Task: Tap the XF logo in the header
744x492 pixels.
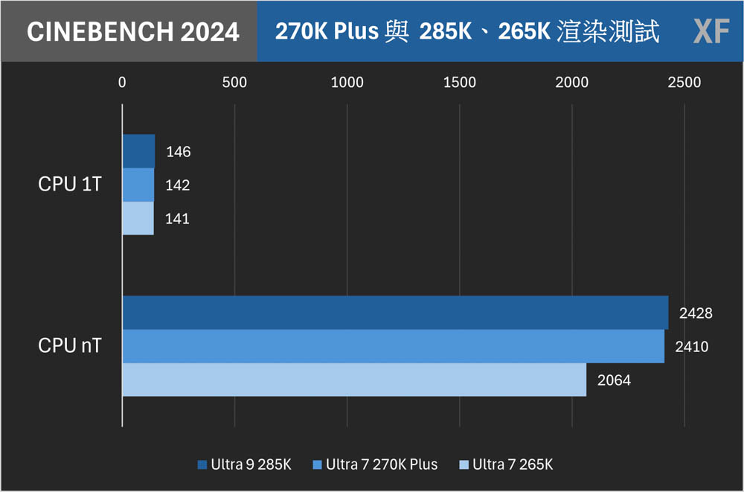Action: click(x=711, y=31)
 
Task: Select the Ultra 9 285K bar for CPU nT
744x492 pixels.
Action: click(x=395, y=313)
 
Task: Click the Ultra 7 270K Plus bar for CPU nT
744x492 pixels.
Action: click(x=393, y=346)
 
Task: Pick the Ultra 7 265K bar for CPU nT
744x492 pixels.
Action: click(x=354, y=380)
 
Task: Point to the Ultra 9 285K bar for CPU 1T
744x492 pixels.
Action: click(x=138, y=151)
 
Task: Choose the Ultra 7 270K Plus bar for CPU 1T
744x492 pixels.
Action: click(x=138, y=185)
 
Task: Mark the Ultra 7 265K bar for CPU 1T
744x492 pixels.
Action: click(x=138, y=218)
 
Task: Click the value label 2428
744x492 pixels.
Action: click(x=696, y=313)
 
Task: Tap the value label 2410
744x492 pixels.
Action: click(x=692, y=347)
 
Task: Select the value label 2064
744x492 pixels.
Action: click(x=614, y=380)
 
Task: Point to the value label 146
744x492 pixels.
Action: click(x=179, y=152)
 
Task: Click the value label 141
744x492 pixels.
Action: click(x=178, y=219)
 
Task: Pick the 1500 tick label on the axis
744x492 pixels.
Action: click(x=459, y=83)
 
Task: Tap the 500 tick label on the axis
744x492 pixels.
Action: click(x=234, y=83)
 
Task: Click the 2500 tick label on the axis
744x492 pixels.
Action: click(x=684, y=83)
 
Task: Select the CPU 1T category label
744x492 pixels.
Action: click(x=70, y=185)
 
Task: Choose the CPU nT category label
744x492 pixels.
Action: click(x=70, y=346)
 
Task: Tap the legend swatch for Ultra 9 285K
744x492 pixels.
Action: click(x=202, y=465)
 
